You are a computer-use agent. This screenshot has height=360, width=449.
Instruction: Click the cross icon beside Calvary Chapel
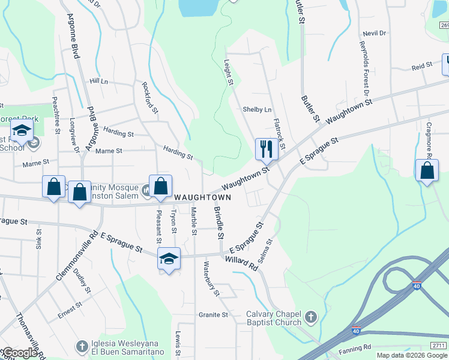[x=310, y=316]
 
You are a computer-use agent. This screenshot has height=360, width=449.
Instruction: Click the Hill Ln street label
[x=98, y=81]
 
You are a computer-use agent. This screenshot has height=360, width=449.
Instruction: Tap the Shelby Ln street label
[x=257, y=110]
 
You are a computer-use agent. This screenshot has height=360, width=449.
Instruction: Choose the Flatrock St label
[x=279, y=134]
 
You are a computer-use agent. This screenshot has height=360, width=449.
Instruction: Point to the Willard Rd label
[x=241, y=262]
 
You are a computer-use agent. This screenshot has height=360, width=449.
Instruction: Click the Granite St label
[x=214, y=314]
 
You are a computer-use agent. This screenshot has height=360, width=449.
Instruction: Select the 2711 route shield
[x=439, y=345]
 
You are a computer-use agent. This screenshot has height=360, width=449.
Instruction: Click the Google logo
[x=20, y=353]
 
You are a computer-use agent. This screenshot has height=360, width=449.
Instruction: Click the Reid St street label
[x=422, y=65]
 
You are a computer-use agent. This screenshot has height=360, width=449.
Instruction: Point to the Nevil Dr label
[x=374, y=34]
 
